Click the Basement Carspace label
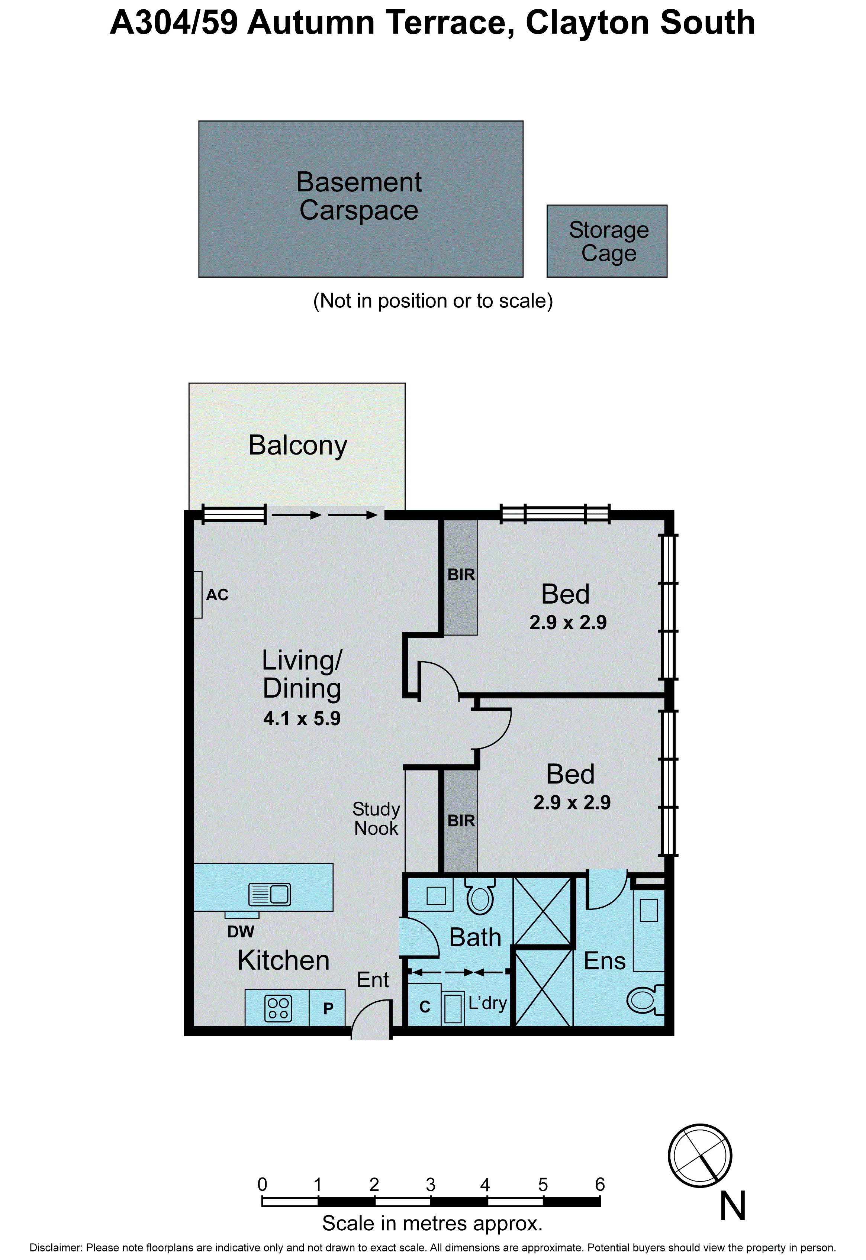point(359,196)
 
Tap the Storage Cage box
point(607,241)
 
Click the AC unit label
point(217,595)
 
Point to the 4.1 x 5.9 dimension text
point(302,719)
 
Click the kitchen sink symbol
point(270,894)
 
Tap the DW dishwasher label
point(240,931)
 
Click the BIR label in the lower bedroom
point(461,821)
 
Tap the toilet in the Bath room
point(480,898)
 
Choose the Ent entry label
point(373,980)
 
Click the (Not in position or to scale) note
point(433,301)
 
